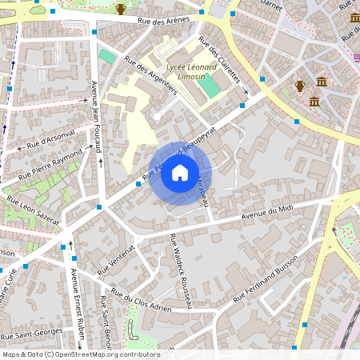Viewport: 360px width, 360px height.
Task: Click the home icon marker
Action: [180, 172]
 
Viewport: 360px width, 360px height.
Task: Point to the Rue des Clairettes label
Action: [219, 60]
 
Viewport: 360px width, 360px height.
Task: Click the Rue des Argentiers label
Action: [150, 77]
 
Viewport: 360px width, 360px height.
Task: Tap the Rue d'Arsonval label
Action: [50, 138]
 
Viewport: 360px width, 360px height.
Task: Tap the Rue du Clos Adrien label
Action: [142, 302]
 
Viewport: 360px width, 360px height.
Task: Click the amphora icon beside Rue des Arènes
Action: [121, 9]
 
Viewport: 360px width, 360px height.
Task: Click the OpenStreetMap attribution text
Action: [80, 354]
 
